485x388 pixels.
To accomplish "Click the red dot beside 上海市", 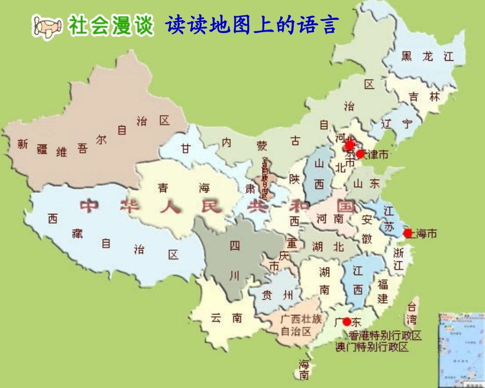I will click(407, 233).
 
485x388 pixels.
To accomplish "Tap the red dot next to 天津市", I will click(360, 154).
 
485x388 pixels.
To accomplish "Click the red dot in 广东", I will click(347, 322).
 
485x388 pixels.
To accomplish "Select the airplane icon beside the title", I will click(47, 26).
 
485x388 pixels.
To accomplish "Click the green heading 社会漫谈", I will click(111, 26).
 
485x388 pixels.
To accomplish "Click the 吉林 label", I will click(425, 96).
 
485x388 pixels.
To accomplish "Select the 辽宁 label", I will click(397, 124).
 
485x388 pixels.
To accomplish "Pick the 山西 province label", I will click(319, 174).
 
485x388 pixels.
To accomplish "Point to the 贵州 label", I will click(277, 295).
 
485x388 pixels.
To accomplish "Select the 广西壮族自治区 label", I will click(301, 325).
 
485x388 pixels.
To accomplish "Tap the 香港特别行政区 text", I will click(385, 335).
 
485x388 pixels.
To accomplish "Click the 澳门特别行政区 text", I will click(372, 347).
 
